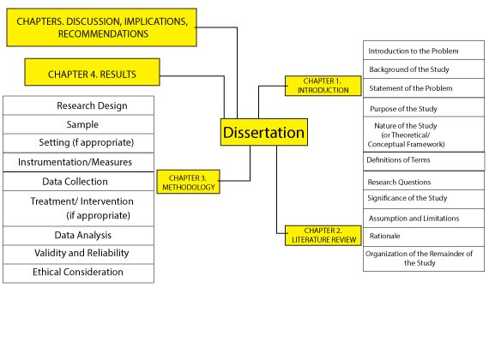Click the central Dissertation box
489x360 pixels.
point(264,132)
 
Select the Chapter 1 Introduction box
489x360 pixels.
point(323,86)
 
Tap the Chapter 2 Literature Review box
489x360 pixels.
point(323,236)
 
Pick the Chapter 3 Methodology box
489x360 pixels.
point(189,182)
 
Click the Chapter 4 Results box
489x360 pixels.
point(93,72)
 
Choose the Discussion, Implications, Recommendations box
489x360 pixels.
point(102,27)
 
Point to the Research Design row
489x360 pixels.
point(79,105)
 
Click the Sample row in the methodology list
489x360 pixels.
point(79,124)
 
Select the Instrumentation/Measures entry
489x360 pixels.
point(79,162)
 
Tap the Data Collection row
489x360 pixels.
point(79,182)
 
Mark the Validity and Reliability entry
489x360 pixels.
point(79,254)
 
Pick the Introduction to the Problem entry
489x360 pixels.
point(424,51)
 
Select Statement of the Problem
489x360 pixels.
point(424,88)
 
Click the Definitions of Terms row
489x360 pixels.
point(424,161)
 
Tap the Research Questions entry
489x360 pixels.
point(424,181)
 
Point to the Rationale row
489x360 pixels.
point(424,237)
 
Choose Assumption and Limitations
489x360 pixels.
point(424,219)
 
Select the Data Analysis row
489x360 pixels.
point(79,236)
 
